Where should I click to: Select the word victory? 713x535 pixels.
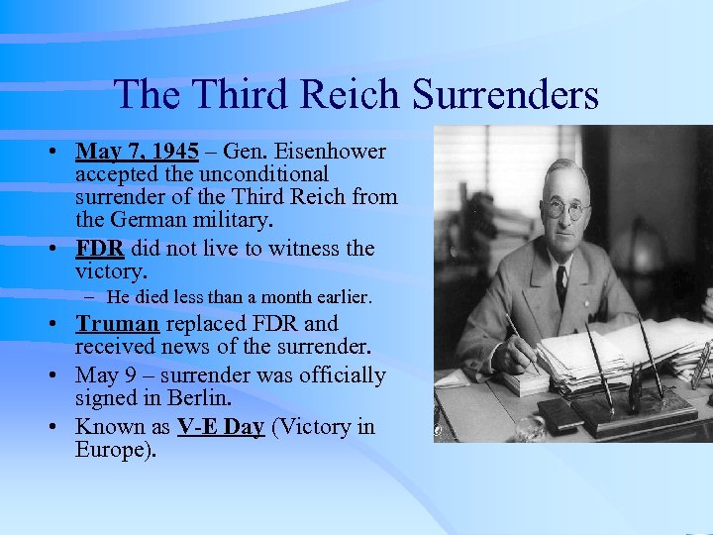point(110,270)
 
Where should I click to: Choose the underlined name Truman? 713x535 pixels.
point(118,324)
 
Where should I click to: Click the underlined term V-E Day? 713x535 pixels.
point(220,427)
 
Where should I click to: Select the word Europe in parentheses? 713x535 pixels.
point(111,450)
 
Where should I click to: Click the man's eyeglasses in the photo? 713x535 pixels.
point(565,209)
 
